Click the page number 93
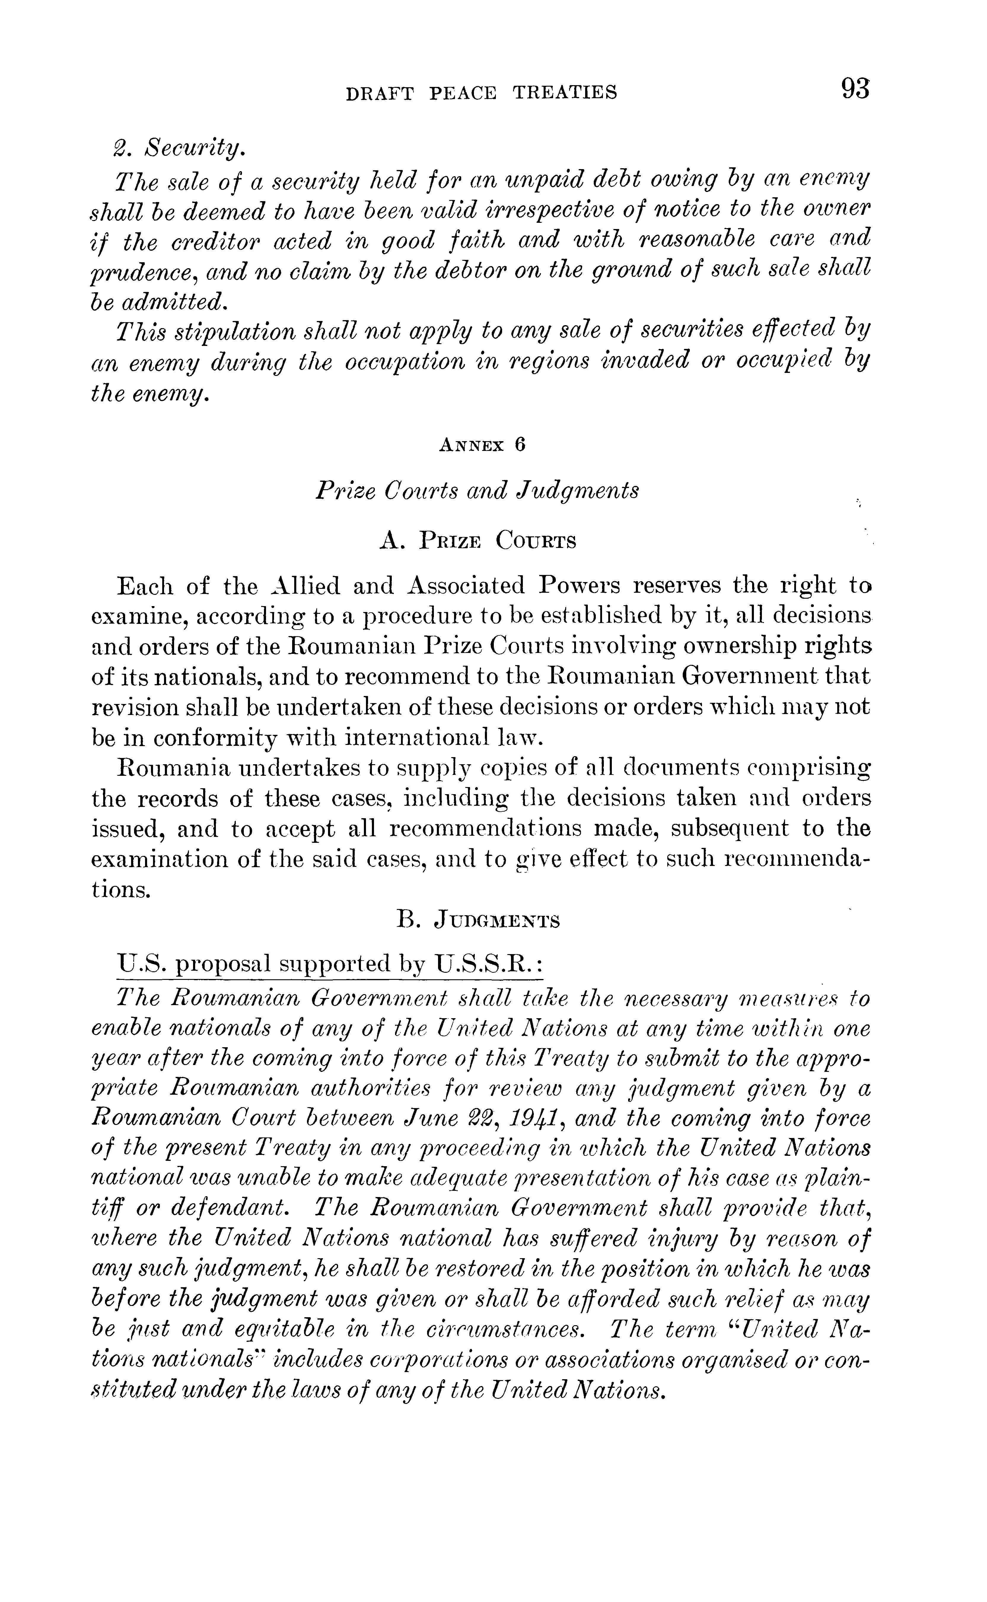pyautogui.click(x=855, y=89)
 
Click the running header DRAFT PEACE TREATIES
pyautogui.click(x=481, y=93)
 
